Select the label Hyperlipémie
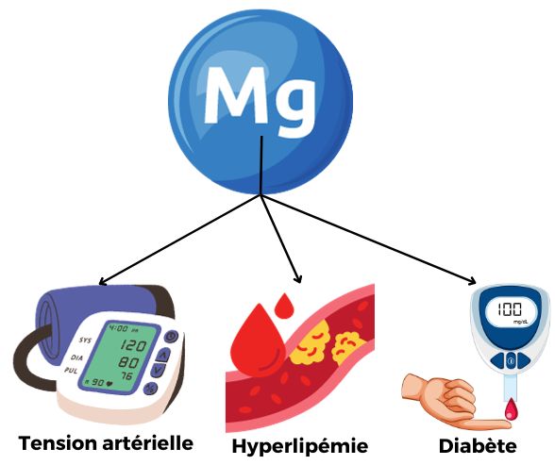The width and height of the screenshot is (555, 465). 300,447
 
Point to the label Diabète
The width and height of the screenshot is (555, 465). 478,445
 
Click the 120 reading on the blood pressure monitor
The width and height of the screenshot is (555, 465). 132,345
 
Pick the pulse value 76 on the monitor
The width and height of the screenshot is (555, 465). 127,375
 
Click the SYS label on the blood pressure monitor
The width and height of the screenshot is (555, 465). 85,340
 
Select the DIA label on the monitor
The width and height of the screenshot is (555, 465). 76,357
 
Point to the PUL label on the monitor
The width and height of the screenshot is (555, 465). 71,371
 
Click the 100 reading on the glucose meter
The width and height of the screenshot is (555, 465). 510,309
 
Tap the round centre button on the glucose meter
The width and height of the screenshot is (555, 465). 510,361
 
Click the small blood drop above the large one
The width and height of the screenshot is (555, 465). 284,306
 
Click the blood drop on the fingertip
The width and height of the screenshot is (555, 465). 510,408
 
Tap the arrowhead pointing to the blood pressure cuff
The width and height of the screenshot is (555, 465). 102,281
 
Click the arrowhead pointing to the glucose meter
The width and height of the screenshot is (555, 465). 472,281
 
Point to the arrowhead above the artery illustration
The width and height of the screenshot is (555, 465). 298,278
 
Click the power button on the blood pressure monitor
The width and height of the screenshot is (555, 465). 171,337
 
